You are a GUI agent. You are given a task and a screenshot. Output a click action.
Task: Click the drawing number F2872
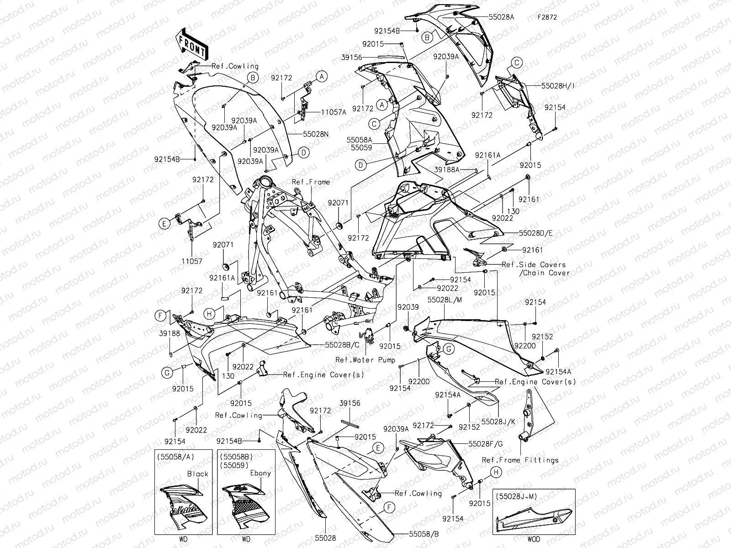(547, 18)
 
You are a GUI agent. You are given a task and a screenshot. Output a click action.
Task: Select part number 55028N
(316, 135)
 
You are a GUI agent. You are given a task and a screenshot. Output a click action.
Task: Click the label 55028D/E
(535, 232)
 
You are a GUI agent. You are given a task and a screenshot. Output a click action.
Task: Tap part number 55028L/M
(445, 300)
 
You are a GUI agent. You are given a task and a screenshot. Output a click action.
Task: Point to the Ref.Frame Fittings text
(520, 460)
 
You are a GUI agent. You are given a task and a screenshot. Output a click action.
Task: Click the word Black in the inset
(197, 474)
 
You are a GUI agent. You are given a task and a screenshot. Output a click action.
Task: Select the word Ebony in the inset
(260, 473)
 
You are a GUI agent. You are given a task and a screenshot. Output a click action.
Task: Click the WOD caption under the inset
(533, 539)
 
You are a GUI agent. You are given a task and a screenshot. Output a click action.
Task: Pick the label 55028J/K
(498, 421)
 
